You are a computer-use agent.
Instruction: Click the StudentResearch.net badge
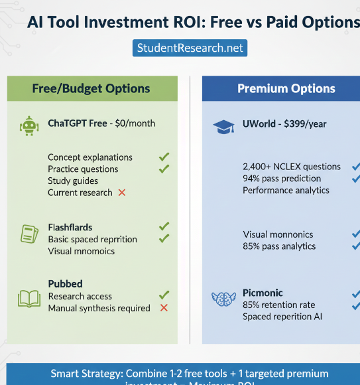pyautogui.click(x=190, y=48)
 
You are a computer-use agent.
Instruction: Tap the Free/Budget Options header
pyautogui.click(x=91, y=88)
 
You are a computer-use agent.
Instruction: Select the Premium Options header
pyautogui.click(x=286, y=88)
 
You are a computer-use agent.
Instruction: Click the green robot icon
pyautogui.click(x=28, y=125)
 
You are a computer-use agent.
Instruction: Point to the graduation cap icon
pyautogui.click(x=223, y=126)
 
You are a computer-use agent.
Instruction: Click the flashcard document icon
pyautogui.click(x=29, y=234)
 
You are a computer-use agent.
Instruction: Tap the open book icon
pyautogui.click(x=29, y=299)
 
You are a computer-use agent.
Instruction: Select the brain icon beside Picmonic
pyautogui.click(x=223, y=299)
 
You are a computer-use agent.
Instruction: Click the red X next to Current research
pyautogui.click(x=122, y=193)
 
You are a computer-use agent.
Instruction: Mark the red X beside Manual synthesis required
pyautogui.click(x=164, y=308)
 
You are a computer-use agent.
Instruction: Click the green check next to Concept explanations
pyautogui.click(x=164, y=157)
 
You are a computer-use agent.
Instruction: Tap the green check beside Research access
pyautogui.click(x=164, y=295)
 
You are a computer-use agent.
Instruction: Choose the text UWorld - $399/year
pyautogui.click(x=285, y=124)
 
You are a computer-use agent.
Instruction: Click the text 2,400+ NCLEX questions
pyautogui.click(x=292, y=167)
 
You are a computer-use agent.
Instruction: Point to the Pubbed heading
pyautogui.click(x=65, y=284)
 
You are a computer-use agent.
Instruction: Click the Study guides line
pyautogui.click(x=73, y=181)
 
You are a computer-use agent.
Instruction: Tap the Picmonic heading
pyautogui.click(x=263, y=293)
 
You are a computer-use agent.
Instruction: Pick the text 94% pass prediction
pyautogui.click(x=282, y=179)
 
